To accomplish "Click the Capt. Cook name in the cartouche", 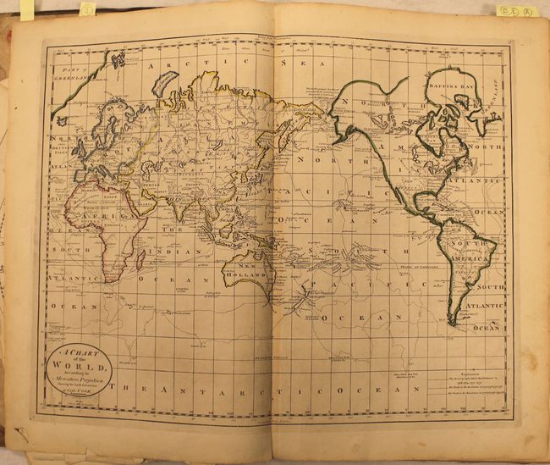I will (x=82, y=395).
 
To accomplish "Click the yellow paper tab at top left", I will (x=27, y=9).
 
